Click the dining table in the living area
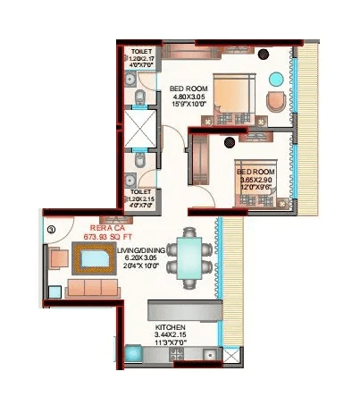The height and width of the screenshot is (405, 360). pyautogui.click(x=188, y=257)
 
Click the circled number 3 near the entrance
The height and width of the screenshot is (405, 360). pyautogui.click(x=51, y=230)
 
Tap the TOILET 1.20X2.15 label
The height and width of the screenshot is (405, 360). pyautogui.click(x=140, y=198)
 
